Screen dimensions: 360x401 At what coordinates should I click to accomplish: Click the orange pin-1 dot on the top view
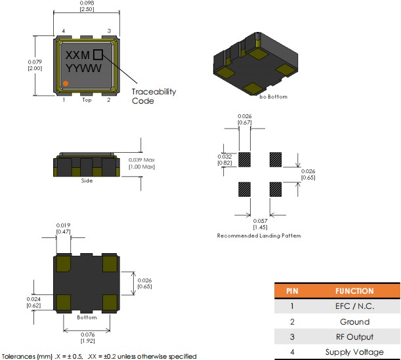pyautogui.click(x=66, y=83)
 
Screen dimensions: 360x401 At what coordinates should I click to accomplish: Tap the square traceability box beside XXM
pyautogui.click(x=98, y=56)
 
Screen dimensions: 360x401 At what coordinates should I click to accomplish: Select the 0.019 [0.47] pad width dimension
pyautogui.click(x=62, y=228)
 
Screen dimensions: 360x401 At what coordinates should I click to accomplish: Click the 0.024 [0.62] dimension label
pyautogui.click(x=33, y=302)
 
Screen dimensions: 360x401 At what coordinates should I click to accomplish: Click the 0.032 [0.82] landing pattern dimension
pyautogui.click(x=224, y=159)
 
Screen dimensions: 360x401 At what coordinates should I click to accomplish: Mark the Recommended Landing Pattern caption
pyautogui.click(x=259, y=235)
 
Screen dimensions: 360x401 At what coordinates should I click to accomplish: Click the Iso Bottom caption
pyautogui.click(x=273, y=96)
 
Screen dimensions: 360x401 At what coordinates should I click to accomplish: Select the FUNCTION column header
pyautogui.click(x=354, y=291)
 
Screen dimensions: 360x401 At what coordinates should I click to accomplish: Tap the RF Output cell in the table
pyautogui.click(x=354, y=337)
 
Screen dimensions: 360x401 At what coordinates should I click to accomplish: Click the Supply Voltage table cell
pyautogui.click(x=354, y=352)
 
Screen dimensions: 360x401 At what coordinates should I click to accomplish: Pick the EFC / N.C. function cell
pyautogui.click(x=354, y=306)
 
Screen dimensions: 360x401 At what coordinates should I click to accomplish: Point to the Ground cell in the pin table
pyautogui.click(x=354, y=322)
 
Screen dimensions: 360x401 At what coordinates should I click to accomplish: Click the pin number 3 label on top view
pyautogui.click(x=109, y=31)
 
